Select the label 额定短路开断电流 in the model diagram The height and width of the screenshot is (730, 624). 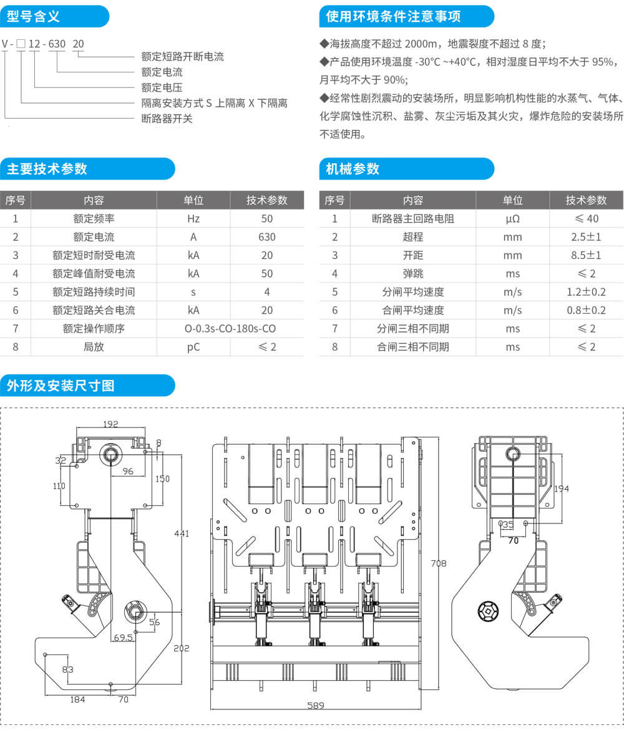click(x=183, y=57)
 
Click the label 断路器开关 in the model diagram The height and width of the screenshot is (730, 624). click(x=167, y=119)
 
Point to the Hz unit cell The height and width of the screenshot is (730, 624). click(x=193, y=219)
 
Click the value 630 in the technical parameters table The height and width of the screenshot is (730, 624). click(x=267, y=237)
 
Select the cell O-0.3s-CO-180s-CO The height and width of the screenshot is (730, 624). click(x=230, y=328)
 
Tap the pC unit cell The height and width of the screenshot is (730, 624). click(x=193, y=346)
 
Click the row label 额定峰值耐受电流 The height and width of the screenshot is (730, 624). click(x=94, y=273)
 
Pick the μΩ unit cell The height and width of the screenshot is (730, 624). click(x=512, y=219)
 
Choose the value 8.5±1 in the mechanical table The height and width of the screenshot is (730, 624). click(x=586, y=255)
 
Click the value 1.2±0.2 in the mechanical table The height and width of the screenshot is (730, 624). click(x=586, y=292)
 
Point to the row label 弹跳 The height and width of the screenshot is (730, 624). click(x=412, y=273)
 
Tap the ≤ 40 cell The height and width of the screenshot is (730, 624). click(x=586, y=219)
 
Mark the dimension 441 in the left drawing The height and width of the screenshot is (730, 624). click(x=181, y=533)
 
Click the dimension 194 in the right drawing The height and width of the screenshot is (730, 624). click(x=562, y=489)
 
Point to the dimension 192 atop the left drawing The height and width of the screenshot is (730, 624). click(x=110, y=424)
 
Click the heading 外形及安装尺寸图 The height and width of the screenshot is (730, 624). click(x=61, y=385)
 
